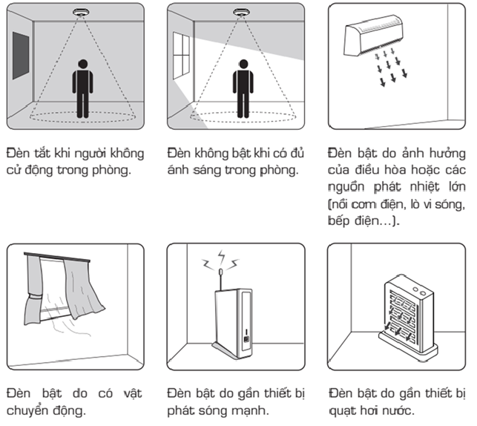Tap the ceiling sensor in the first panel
82,14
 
